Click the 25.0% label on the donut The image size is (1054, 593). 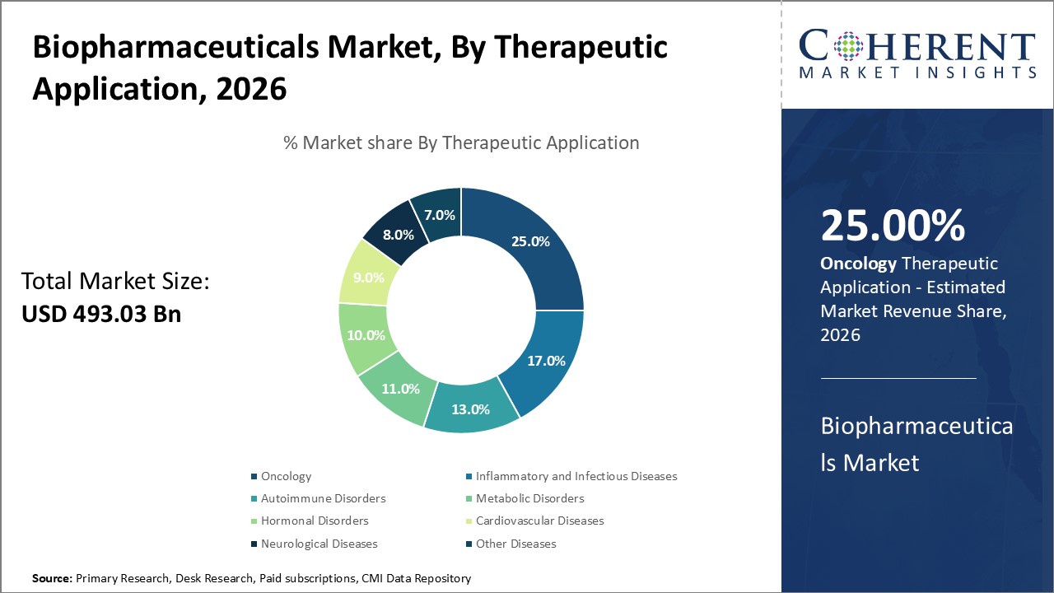point(529,241)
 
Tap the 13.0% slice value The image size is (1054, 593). point(470,409)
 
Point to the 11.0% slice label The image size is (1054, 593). point(400,389)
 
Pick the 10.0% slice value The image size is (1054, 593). point(366,335)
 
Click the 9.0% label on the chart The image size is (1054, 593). point(368,278)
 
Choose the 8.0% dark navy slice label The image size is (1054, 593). point(399,234)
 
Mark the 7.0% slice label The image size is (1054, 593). point(440,215)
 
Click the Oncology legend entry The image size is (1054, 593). point(286,476)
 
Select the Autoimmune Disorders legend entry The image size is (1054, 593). point(323,498)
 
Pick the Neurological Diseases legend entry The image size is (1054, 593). point(319,544)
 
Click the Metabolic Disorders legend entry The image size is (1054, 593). point(529,498)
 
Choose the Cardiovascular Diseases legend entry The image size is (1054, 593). point(539,521)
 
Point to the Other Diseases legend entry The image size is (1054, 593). point(515,544)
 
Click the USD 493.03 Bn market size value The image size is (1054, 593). point(100,314)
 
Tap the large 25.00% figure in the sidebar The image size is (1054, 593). point(893,226)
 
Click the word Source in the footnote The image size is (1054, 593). point(52,579)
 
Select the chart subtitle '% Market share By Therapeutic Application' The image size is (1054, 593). point(461,142)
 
